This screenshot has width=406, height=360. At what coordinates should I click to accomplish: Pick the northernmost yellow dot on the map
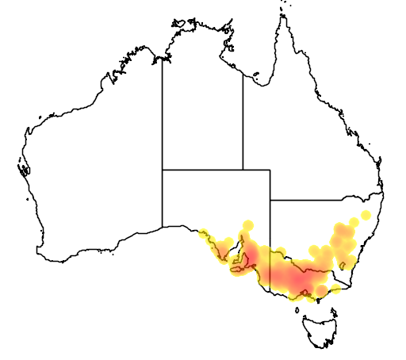[x=366, y=215]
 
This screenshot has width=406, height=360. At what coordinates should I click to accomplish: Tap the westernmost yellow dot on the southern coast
[x=204, y=233]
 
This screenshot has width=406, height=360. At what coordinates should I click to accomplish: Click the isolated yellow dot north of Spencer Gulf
[x=248, y=224]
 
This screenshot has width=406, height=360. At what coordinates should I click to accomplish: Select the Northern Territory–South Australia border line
[x=202, y=169]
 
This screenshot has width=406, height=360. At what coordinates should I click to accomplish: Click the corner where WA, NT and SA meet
[x=163, y=169]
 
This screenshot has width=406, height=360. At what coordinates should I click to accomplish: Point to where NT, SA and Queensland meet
[x=243, y=169]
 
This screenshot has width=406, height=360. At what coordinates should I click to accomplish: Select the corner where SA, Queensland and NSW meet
[x=270, y=200]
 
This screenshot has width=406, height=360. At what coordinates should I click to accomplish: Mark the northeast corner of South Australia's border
[x=270, y=169]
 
